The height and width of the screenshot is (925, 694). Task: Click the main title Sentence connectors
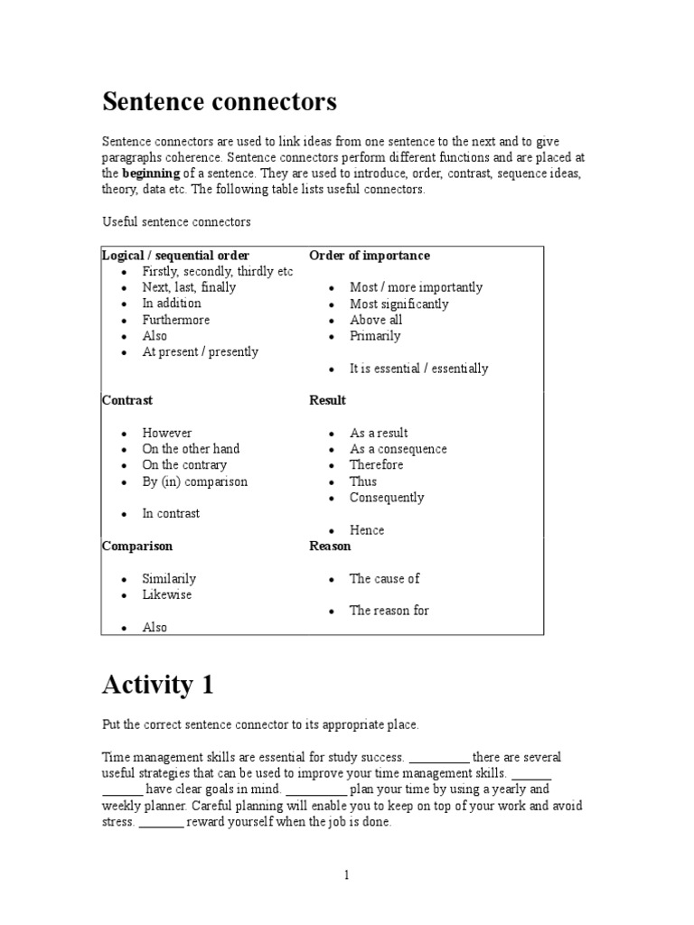pos(220,102)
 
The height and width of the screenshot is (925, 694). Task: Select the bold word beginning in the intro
pos(151,173)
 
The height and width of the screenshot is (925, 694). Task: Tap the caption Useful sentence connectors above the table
pos(176,221)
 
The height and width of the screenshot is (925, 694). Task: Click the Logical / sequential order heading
pos(176,256)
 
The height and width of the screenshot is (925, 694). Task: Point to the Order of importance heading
pos(370,256)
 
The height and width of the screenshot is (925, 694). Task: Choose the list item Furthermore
pos(175,320)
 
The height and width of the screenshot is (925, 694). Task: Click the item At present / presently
pos(200,352)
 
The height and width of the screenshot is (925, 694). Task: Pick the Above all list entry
pos(376,320)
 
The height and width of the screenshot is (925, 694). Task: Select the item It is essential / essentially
pos(418,369)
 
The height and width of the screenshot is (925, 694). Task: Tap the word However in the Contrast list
pos(167,433)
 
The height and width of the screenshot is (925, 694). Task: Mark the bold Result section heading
pos(327,400)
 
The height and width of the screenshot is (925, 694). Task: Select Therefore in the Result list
pos(377,465)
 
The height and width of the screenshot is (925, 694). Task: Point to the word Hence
pos(367,530)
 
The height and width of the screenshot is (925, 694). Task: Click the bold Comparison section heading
pos(137,547)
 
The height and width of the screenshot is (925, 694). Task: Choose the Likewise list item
pos(167,595)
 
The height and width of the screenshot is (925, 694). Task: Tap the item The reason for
pos(389,611)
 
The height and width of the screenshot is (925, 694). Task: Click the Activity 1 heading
pos(157,686)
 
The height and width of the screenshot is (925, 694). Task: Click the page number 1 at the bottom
pos(345,875)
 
